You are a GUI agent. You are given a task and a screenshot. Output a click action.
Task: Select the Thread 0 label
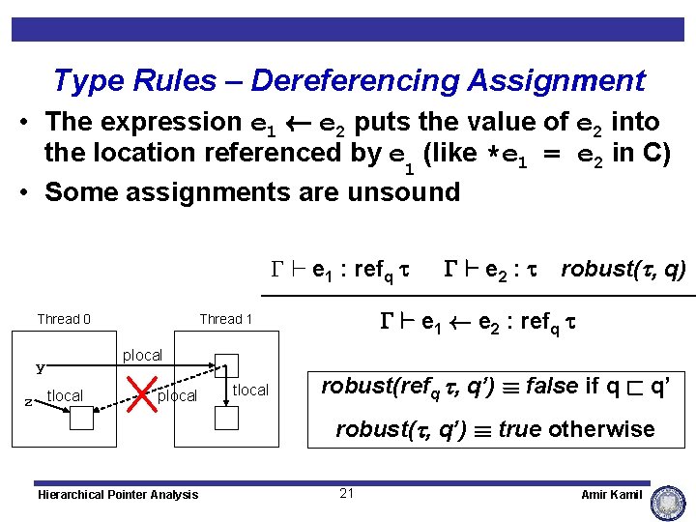point(64,320)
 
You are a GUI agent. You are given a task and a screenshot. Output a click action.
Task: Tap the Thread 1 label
point(225,320)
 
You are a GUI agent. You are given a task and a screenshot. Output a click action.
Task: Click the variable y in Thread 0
point(41,367)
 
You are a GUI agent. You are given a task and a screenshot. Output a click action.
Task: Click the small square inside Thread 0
point(81,417)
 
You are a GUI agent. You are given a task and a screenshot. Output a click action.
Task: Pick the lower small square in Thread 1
point(226,417)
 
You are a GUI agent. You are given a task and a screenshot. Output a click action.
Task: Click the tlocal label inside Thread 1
point(250,390)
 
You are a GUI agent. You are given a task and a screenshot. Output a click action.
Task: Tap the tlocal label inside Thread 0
point(65,395)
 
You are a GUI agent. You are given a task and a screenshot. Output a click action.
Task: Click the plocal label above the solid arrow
point(142,356)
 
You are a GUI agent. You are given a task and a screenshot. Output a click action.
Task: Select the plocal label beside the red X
point(177,396)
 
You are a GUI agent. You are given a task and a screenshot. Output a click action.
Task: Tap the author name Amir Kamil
point(611,494)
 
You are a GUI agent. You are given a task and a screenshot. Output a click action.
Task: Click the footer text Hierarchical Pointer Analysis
point(117,495)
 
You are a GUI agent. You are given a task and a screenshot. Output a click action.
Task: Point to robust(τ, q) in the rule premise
point(623,269)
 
